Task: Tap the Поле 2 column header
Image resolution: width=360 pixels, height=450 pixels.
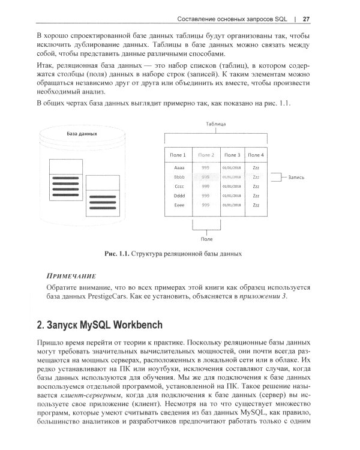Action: pos(206,155)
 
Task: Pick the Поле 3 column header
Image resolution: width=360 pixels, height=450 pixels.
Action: pos(231,155)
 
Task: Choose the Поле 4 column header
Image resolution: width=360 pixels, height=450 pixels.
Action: pos(256,155)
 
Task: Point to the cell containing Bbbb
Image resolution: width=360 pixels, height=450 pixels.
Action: pos(179,178)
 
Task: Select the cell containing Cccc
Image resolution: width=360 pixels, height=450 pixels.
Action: pos(179,187)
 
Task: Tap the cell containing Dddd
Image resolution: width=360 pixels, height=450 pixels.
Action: pos(179,196)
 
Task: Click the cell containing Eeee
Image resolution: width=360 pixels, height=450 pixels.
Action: pos(179,205)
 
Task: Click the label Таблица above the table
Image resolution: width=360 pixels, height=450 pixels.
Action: pos(215,123)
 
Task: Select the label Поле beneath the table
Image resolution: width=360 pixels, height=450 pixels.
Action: pos(206,239)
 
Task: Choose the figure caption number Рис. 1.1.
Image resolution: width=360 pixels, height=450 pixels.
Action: pos(118,254)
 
